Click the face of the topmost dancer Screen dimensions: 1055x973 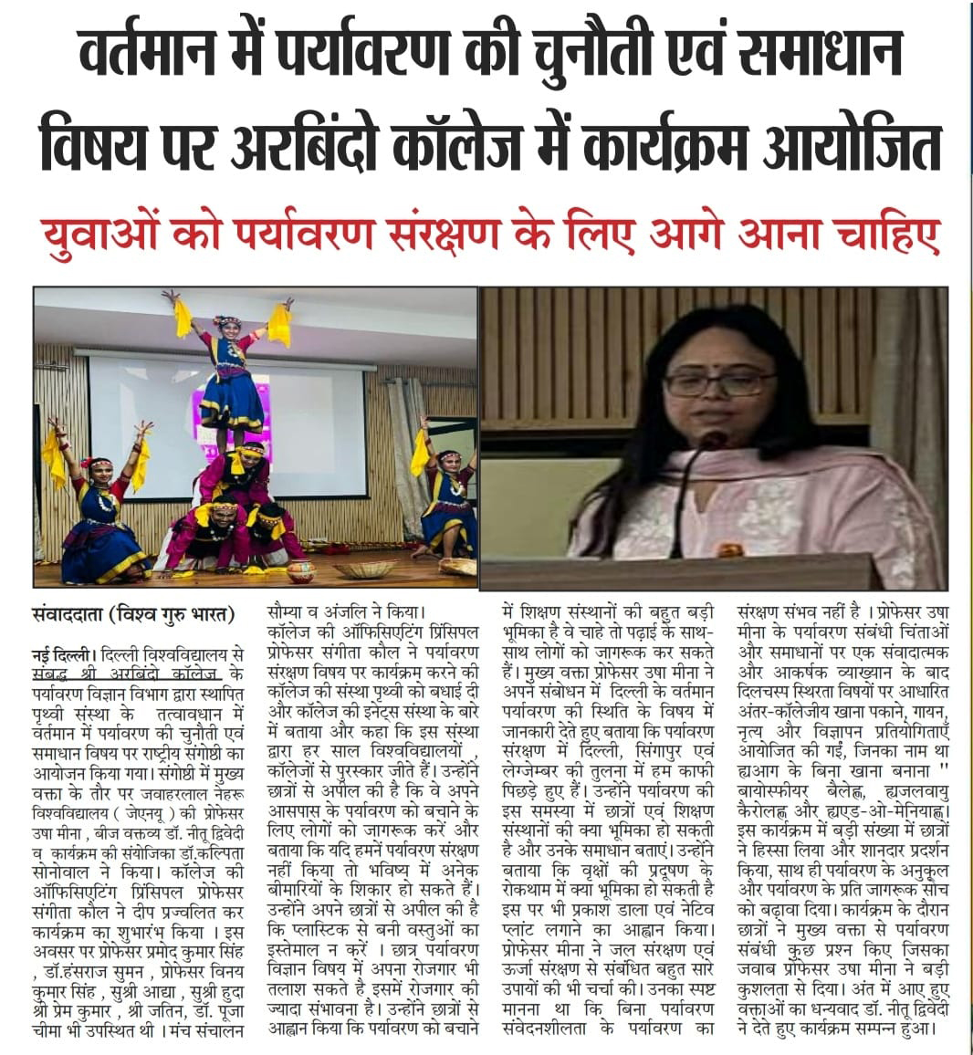tap(225, 326)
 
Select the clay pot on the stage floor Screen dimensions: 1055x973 tap(300, 570)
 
